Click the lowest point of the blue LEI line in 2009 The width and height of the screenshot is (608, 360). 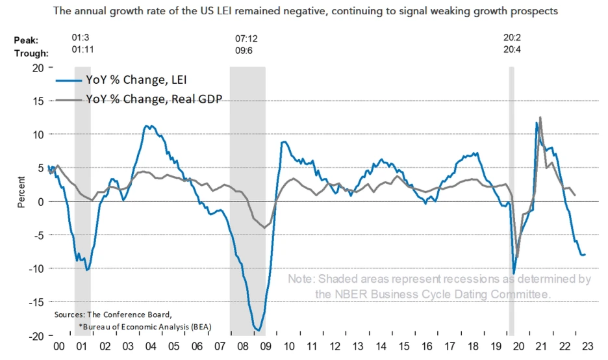259,330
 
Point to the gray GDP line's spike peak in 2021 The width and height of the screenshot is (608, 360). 540,117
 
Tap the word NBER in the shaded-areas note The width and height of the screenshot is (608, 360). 333,294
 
